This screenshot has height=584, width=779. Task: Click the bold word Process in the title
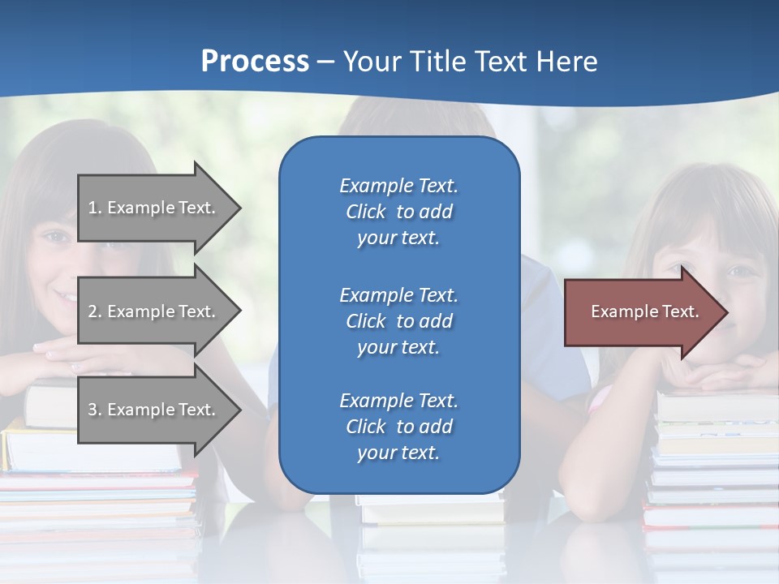(255, 62)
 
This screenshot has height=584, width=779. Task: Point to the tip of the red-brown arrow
(725, 312)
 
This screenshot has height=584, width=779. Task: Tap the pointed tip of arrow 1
(238, 208)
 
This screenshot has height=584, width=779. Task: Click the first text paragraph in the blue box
(398, 212)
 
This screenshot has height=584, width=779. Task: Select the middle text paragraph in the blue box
(398, 321)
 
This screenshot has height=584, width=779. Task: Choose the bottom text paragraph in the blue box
(398, 427)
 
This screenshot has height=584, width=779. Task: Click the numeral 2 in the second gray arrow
(93, 311)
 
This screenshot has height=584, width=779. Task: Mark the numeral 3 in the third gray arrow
(93, 410)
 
